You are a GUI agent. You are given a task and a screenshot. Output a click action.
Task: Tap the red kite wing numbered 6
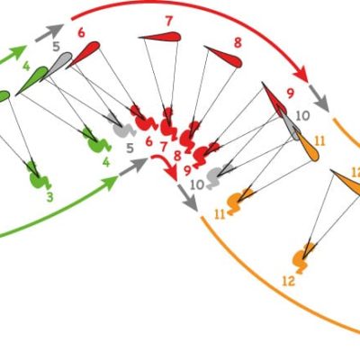click(x=84, y=55)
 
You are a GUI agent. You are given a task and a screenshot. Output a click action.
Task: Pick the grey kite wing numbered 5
click(x=57, y=67)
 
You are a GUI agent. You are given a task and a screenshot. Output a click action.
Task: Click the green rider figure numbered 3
click(x=39, y=175)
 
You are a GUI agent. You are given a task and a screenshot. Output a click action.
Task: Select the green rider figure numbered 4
click(x=96, y=140)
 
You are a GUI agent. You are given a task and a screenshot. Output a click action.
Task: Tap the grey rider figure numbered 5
click(x=123, y=126)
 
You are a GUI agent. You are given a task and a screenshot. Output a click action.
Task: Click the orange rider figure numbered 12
click(x=303, y=258)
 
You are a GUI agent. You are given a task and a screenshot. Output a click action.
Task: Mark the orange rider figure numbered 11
click(x=238, y=201)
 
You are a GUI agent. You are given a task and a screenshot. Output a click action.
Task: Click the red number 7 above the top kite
click(x=169, y=22)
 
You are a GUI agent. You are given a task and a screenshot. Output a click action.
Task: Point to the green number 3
click(x=49, y=197)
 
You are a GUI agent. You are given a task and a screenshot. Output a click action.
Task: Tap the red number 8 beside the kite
click(x=238, y=43)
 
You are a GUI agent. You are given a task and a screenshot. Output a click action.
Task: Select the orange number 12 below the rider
click(x=289, y=282)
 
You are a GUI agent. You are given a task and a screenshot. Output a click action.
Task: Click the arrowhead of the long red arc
click(x=301, y=74)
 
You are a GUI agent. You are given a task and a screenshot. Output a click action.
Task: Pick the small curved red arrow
click(x=165, y=166)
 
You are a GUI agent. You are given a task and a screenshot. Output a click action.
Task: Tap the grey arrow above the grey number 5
click(x=49, y=32)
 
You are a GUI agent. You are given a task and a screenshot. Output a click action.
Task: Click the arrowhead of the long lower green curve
click(x=111, y=183)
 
